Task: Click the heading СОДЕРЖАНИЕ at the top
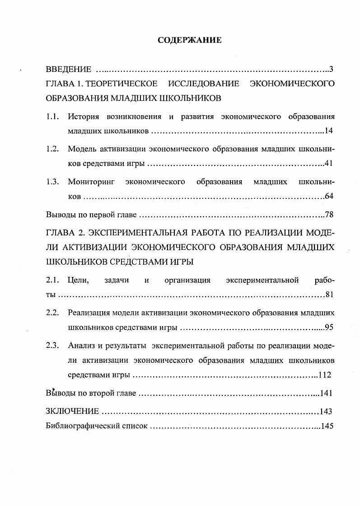[x=190, y=40]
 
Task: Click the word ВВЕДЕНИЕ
[x=68, y=70]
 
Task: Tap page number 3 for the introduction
[x=331, y=70]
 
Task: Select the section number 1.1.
[x=52, y=117]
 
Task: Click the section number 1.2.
[x=52, y=149]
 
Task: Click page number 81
[x=329, y=295]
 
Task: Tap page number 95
[x=328, y=328]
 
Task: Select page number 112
[x=325, y=375]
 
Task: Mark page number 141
[x=326, y=393]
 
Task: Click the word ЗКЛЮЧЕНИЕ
[x=72, y=411]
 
